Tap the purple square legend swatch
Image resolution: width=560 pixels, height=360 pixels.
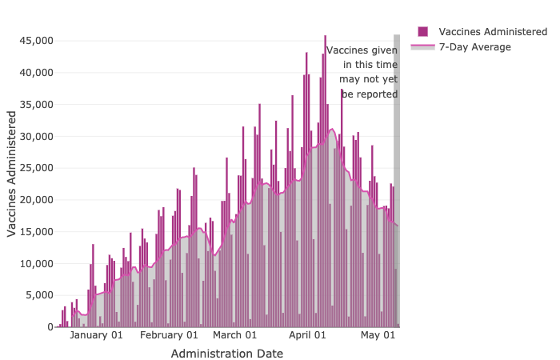coord(423,31)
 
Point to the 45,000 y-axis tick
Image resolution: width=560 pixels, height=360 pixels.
coord(35,41)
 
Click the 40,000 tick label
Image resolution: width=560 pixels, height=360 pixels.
coord(35,73)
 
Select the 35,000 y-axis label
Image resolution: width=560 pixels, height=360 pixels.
coord(35,104)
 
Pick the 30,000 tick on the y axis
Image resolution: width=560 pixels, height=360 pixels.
coord(35,136)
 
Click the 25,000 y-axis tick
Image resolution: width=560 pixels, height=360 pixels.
coord(35,168)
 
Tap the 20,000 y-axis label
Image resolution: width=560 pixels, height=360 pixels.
coord(35,200)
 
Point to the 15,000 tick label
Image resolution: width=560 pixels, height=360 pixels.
coord(35,232)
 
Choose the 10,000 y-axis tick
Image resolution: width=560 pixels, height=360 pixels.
coord(35,264)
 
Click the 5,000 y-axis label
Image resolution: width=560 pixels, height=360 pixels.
coord(38,295)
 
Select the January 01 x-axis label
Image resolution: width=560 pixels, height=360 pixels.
coord(96,335)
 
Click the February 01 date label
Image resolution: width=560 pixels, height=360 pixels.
coord(169,335)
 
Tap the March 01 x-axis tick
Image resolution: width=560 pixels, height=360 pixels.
coord(234,335)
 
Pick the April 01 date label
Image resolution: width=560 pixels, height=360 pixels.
coord(307,335)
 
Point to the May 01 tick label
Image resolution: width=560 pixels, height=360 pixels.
coord(378,335)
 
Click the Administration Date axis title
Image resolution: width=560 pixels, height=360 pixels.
coord(227,353)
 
